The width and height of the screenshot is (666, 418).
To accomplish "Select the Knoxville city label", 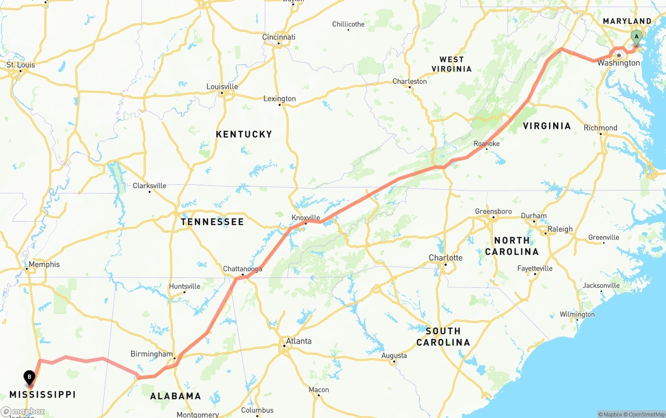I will click(x=305, y=218).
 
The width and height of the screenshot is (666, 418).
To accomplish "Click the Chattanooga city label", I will click(x=242, y=269).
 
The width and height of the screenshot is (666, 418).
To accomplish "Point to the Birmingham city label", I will click(x=151, y=354).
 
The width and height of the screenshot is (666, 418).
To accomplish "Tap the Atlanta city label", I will click(x=299, y=341).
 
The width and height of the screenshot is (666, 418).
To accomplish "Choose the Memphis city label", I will click(x=44, y=264).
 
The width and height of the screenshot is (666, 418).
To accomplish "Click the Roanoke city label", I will click(x=486, y=144).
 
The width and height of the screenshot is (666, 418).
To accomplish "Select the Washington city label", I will click(x=619, y=63).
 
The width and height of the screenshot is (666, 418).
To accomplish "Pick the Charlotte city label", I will click(x=445, y=258).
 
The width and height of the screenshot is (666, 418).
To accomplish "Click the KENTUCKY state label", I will click(x=244, y=134).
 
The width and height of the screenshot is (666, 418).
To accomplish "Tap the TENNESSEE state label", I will click(x=212, y=222).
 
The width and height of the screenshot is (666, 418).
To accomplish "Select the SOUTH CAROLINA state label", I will click(x=443, y=336).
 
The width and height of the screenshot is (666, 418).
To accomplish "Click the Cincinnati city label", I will click(x=279, y=37).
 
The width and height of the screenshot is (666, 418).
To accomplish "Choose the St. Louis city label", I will click(x=21, y=65).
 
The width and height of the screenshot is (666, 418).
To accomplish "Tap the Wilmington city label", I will click(x=577, y=314).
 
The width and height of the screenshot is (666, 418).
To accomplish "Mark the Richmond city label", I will click(x=600, y=128).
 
